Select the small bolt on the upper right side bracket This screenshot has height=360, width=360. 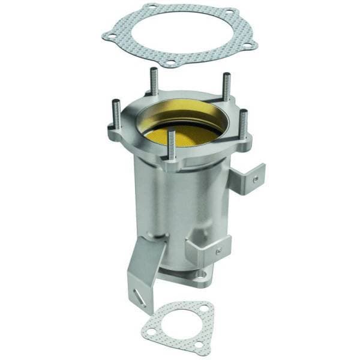[x=256, y=178]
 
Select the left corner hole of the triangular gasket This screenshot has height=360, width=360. [x=151, y=331]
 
